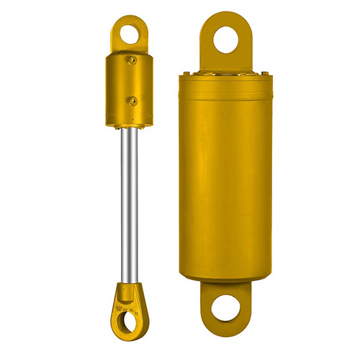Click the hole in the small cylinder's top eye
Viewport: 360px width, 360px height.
pos(129,32)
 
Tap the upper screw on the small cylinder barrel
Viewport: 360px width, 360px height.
pos(132,61)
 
